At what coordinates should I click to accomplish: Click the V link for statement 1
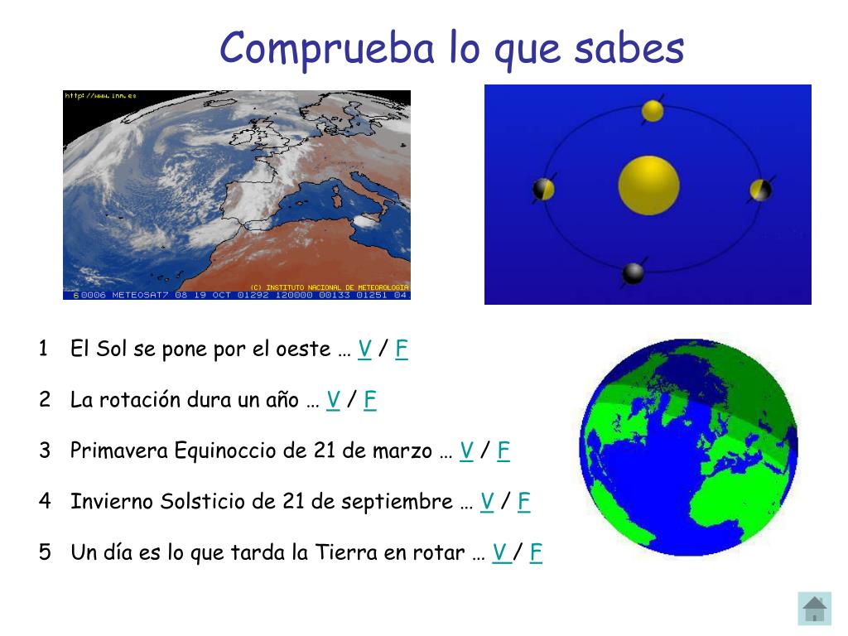tap(364, 349)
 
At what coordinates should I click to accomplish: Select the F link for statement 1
tap(402, 349)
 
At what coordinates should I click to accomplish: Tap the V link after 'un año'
tap(334, 401)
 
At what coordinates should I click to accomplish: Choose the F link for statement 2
tap(370, 401)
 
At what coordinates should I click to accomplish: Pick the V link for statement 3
tap(466, 451)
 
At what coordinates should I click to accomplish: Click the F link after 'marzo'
tap(503, 451)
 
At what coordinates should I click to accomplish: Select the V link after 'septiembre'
tap(487, 502)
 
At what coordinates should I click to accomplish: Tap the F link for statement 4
tap(524, 502)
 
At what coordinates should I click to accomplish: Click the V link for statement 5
tap(500, 552)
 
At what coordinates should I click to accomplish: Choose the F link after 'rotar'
tap(537, 552)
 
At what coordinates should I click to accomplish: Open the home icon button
tap(815, 609)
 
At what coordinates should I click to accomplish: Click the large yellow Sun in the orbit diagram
tap(648, 185)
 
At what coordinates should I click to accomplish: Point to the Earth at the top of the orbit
tap(653, 111)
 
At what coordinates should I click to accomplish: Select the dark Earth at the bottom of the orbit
tap(634, 273)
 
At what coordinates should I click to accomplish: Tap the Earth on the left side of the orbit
tap(543, 190)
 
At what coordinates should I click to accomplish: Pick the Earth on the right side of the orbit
tap(760, 190)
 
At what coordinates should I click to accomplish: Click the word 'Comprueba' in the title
tap(328, 48)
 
